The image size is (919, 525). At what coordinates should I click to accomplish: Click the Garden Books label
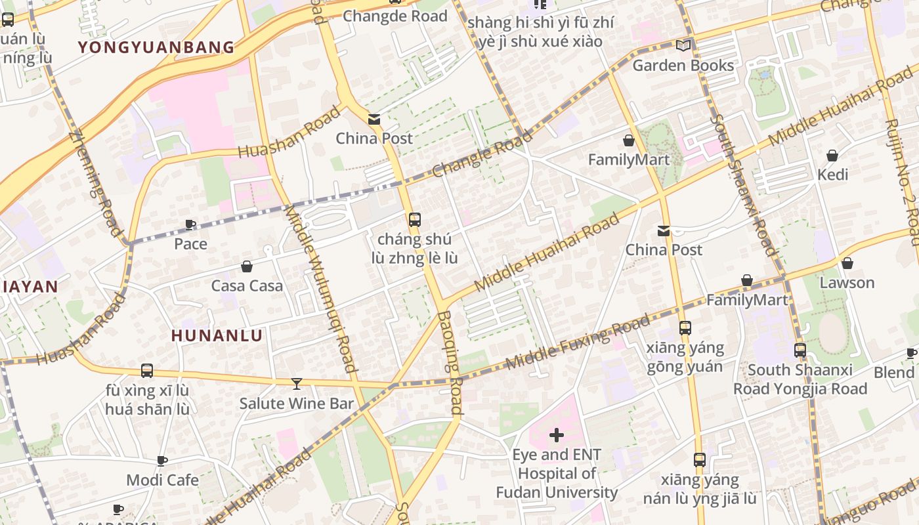[x=683, y=65]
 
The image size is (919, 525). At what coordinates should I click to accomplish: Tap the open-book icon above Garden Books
[x=683, y=45]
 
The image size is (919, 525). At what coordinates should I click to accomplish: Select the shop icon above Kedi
[x=832, y=156]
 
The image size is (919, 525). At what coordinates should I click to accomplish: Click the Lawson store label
[x=847, y=283]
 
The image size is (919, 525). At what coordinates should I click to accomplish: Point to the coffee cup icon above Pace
[x=190, y=225]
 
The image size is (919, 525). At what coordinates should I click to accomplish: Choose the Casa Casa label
[x=247, y=285]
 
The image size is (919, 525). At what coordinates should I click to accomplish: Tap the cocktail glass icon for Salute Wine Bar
[x=297, y=383]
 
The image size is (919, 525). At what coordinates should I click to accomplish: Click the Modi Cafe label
[x=162, y=480]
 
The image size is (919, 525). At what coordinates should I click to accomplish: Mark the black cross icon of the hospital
[x=557, y=435]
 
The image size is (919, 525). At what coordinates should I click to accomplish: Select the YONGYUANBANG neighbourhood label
[x=156, y=47]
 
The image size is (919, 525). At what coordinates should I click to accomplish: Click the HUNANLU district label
[x=217, y=335]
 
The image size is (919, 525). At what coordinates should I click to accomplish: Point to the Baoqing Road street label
[x=450, y=362]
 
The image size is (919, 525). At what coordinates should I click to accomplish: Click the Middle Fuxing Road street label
[x=577, y=341]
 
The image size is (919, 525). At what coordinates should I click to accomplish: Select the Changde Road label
[x=395, y=16]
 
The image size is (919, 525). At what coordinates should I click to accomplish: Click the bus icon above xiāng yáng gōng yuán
[x=685, y=327]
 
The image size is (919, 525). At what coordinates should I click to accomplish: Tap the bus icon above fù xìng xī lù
[x=147, y=371]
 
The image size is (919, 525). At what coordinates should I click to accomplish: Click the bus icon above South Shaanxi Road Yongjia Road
[x=800, y=350]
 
